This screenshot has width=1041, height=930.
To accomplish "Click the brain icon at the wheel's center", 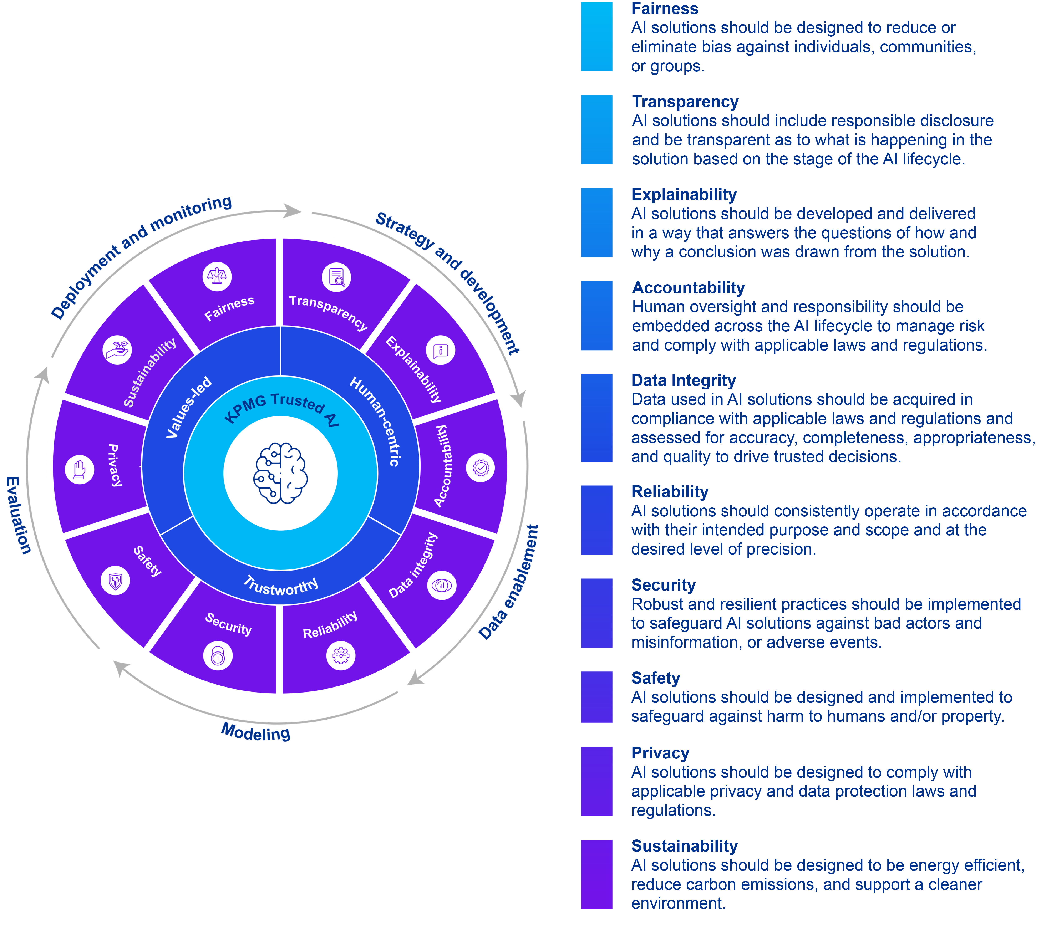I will click(x=280, y=473).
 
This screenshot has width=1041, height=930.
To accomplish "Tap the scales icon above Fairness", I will click(x=217, y=276).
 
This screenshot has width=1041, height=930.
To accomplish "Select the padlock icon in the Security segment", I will click(x=218, y=656).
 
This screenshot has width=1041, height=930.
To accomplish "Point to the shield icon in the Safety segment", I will click(x=116, y=581).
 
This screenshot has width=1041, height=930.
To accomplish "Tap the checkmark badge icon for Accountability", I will click(x=480, y=467).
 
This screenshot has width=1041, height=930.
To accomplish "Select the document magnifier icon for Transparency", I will click(x=336, y=277).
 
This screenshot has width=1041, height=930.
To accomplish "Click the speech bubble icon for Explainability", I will click(x=441, y=351).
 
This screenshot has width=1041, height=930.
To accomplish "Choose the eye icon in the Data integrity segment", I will click(x=442, y=585).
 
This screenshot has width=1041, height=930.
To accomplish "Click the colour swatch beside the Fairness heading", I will click(x=596, y=37).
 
